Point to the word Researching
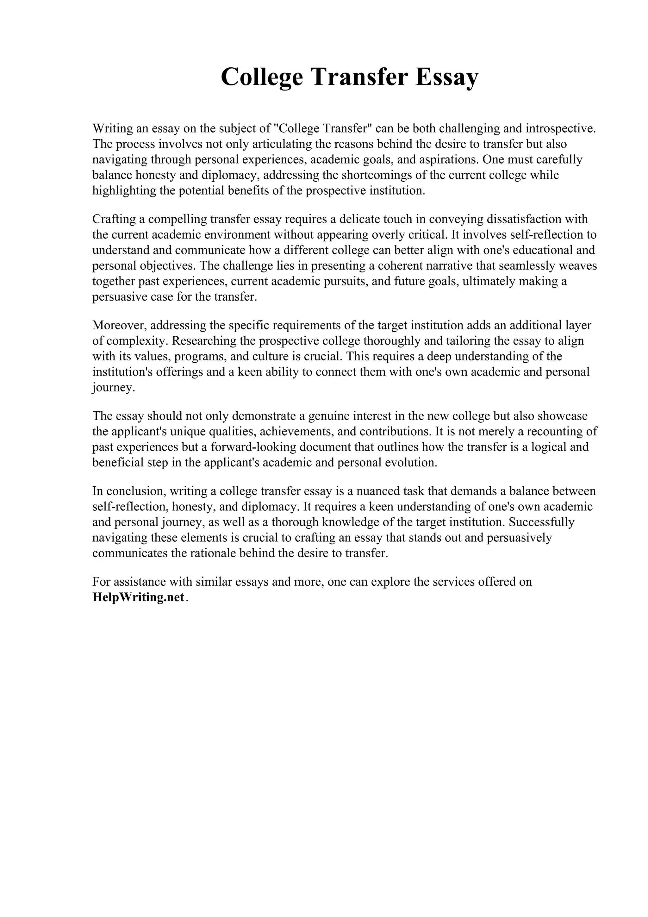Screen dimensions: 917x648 pos(206,341)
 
